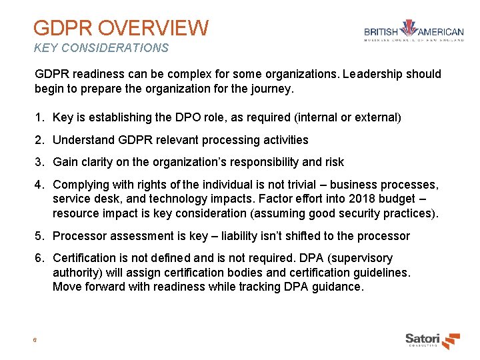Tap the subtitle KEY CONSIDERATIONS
[101, 48]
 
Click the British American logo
[413, 34]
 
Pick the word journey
[273, 88]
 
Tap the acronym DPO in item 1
[185, 117]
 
